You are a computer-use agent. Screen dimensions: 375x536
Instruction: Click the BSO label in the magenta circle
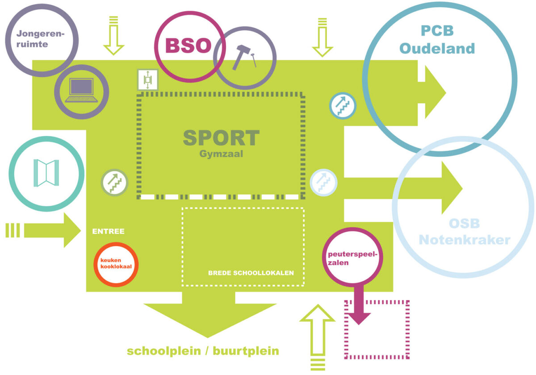pyautogui.click(x=188, y=46)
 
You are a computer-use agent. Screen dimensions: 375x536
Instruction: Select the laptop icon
pyautogui.click(x=81, y=91)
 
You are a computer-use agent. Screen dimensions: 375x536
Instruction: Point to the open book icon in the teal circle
pyautogui.click(x=46, y=173)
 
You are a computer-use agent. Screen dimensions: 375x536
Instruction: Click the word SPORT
pyautogui.click(x=221, y=138)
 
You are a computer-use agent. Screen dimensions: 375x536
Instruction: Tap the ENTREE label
pyautogui.click(x=108, y=231)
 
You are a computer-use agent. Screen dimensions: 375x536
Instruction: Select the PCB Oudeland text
pyautogui.click(x=437, y=39)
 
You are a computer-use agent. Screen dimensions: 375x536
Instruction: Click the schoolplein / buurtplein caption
pyautogui.click(x=203, y=351)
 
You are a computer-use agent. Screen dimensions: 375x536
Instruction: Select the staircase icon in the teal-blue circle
pyautogui.click(x=343, y=106)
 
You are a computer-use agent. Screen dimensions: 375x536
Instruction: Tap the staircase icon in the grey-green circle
pyautogui.click(x=115, y=182)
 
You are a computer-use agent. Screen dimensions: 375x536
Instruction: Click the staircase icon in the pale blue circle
pyautogui.click(x=323, y=182)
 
